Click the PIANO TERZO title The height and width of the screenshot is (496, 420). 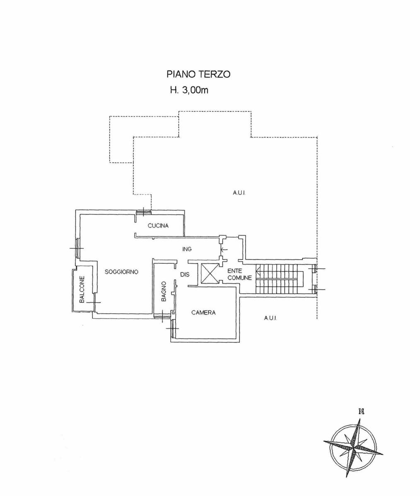pos(198,74)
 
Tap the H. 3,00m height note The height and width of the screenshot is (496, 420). pos(189,90)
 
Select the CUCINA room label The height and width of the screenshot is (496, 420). pos(158,226)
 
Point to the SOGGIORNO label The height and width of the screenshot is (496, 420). pos(121,272)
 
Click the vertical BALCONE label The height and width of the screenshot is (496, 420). pos(82,289)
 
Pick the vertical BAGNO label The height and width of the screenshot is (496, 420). pos(164,291)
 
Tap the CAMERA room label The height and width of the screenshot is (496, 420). pos(203,312)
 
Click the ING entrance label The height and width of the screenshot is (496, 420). pos(187,249)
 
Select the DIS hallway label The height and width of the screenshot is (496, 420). pos(185,274)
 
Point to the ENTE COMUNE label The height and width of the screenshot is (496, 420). pos(239,274)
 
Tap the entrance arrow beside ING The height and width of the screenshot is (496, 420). pos(224,249)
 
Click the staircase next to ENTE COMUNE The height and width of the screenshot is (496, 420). pos(280,279)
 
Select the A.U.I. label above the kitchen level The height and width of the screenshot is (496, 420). pos(239,193)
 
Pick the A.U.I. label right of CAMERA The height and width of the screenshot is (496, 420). pos(270,318)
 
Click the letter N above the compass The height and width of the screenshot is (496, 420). pos(362,411)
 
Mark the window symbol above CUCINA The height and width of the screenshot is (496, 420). pos(143,212)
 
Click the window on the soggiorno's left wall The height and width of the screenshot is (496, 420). pos(77,248)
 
